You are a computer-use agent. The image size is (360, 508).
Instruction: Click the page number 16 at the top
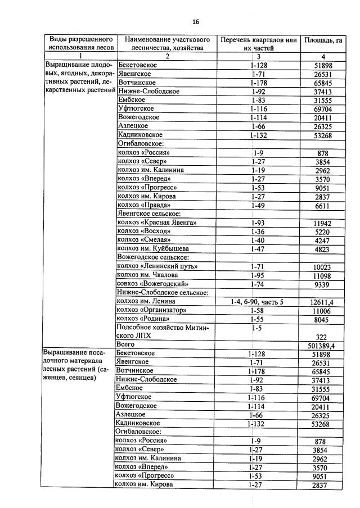click(x=195, y=22)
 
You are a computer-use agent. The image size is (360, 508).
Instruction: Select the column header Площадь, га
click(x=323, y=40)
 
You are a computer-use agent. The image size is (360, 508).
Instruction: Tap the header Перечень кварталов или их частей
click(x=258, y=44)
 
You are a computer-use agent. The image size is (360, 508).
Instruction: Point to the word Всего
click(x=125, y=344)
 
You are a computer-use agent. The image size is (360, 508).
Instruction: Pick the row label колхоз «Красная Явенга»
click(x=156, y=223)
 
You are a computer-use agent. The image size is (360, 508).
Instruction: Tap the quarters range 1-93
click(x=258, y=223)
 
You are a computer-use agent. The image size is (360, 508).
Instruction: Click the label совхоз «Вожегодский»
click(x=152, y=284)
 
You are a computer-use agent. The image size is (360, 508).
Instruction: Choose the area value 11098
click(x=322, y=275)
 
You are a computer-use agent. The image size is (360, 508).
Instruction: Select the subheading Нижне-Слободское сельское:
click(x=163, y=292)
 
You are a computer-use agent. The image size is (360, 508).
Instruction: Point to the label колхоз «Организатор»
click(x=151, y=310)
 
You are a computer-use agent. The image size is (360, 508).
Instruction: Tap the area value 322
click(x=322, y=336)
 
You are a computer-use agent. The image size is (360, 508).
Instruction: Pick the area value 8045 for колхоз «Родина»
click(x=322, y=319)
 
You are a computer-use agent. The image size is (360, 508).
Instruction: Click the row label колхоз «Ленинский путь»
click(x=157, y=266)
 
